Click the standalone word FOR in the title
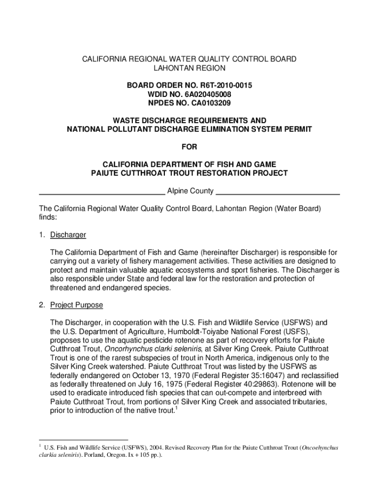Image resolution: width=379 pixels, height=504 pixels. click(189, 147)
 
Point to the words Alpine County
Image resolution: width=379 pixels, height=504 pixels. click(190, 191)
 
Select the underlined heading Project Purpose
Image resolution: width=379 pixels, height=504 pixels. click(76, 305)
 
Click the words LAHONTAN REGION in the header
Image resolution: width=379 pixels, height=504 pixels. click(189, 68)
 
